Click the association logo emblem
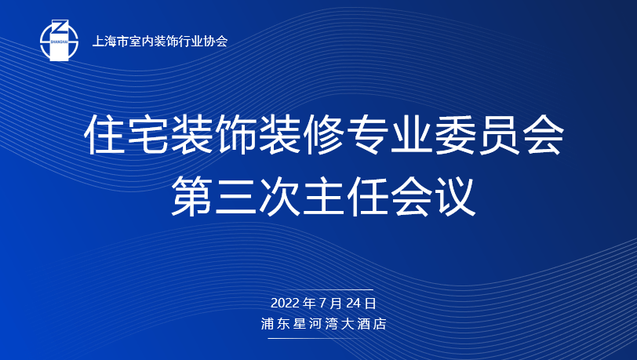tap(59, 40)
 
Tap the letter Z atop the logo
tap(60, 27)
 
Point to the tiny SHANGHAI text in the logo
tap(60, 41)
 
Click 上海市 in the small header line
tap(110, 41)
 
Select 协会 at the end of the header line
tap(215, 41)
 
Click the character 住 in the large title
tap(106, 134)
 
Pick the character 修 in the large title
tap(323, 134)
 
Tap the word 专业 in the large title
tap(389, 134)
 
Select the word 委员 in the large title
tap(477, 134)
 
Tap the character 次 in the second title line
tap(279, 197)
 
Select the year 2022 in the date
tap(284, 303)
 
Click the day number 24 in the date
tap(354, 303)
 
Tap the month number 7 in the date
tap(322, 303)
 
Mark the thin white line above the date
tap(320, 290)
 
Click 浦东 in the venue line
tap(274, 324)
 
